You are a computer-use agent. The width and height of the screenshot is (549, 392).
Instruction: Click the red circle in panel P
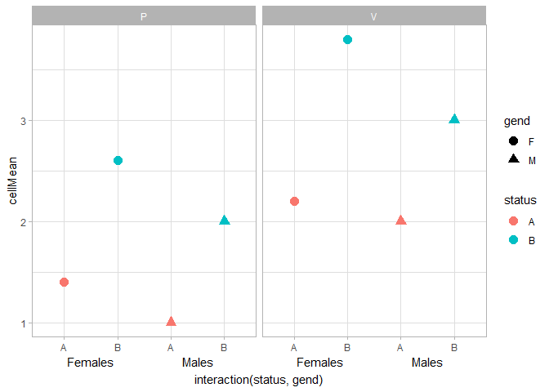(64, 282)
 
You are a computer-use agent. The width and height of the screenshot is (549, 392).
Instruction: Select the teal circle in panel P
(118, 161)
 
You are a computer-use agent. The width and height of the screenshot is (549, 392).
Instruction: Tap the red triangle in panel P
(171, 321)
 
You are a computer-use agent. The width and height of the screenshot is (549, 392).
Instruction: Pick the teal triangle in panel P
(225, 220)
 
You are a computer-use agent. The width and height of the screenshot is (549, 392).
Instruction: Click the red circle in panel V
(294, 201)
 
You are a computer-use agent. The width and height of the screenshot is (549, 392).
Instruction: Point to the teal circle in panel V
(348, 39)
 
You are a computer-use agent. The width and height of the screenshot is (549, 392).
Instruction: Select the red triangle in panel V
(401, 220)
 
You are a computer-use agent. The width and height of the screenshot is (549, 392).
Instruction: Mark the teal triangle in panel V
(454, 119)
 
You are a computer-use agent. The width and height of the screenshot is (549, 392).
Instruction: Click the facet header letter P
(144, 16)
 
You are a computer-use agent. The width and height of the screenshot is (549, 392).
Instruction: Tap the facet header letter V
(374, 16)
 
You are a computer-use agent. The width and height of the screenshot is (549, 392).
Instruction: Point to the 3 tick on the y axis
(24, 121)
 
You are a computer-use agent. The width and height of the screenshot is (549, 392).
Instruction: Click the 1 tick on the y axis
(24, 323)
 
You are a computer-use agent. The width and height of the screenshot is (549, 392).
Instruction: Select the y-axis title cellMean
(12, 180)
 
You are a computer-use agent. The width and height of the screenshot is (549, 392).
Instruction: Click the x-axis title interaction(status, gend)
(258, 380)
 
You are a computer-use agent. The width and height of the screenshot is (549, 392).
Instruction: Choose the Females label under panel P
(91, 363)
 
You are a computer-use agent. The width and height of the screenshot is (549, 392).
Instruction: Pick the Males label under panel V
(426, 363)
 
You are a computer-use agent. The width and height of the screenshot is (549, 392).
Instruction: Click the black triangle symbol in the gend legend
(513, 158)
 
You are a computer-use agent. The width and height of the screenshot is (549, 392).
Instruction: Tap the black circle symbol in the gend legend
(513, 141)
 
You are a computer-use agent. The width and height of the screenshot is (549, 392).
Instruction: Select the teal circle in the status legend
(513, 240)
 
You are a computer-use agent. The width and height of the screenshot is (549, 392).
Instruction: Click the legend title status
(520, 200)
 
